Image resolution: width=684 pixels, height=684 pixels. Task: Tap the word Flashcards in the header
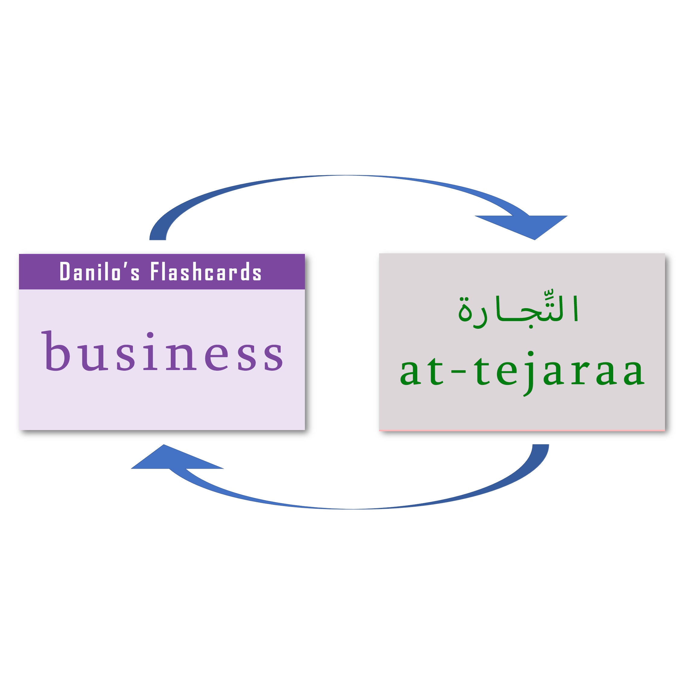206,271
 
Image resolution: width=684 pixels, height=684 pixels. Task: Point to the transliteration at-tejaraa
522,372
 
